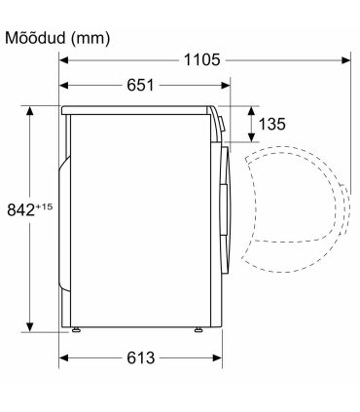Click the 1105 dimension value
(x=201, y=60)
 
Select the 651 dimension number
(x=140, y=86)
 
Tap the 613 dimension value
(x=141, y=358)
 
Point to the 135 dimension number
(x=271, y=124)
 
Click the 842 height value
(x=20, y=209)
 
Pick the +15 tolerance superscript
(x=44, y=206)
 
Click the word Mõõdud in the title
(x=35, y=38)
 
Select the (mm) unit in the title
(x=90, y=39)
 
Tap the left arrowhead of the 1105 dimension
(x=63, y=60)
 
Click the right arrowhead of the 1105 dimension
(x=346, y=60)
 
